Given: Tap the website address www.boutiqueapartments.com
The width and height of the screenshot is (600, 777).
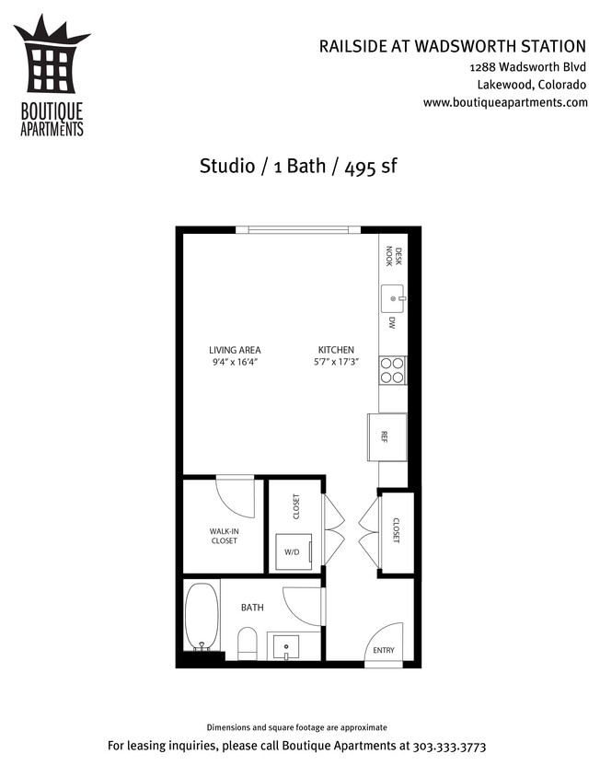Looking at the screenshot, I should pos(505,102).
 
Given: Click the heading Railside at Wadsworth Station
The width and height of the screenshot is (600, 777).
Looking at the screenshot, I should pos(452,45).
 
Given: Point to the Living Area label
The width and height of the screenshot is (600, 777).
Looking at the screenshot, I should pos(235,350).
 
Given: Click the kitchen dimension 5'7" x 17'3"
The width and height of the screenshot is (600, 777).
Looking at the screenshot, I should pos(337,363).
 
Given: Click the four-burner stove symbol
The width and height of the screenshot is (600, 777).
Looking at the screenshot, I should pos(393,369).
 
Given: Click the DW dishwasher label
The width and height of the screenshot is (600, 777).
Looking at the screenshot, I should pos(391,323).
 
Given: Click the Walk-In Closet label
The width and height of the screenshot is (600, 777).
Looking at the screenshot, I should pos(224,536).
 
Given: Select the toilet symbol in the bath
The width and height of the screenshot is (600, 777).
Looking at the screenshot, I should pos(248,643).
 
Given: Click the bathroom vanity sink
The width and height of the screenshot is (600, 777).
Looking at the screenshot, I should pos(288,646).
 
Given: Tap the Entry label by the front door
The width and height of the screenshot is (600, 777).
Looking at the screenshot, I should pos(383,651).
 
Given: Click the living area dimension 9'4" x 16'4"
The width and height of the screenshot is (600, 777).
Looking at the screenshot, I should pos(235,363).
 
